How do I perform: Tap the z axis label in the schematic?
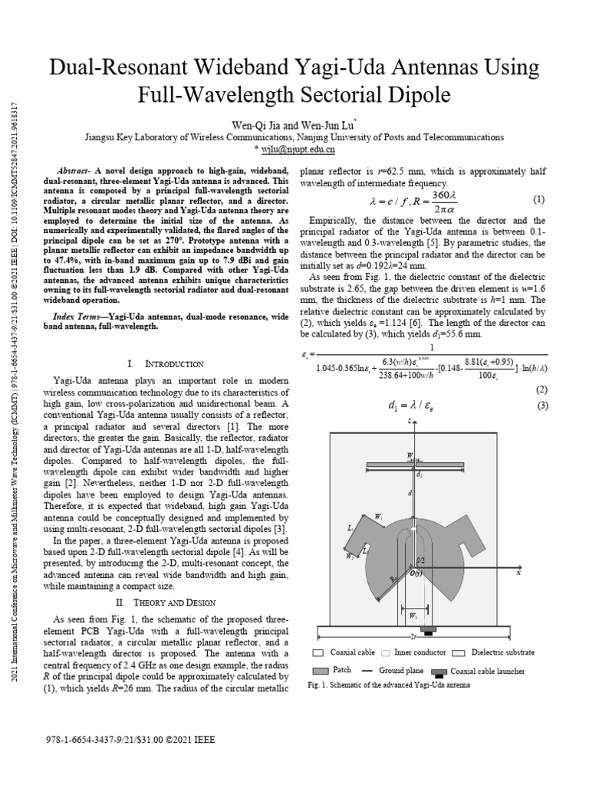pos(411,421)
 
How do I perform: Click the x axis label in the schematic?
pos(518,573)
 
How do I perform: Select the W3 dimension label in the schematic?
pos(413,615)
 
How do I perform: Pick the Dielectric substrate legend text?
pos(503,653)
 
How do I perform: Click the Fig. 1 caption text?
pos(388,685)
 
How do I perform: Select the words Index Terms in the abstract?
pos(81,317)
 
